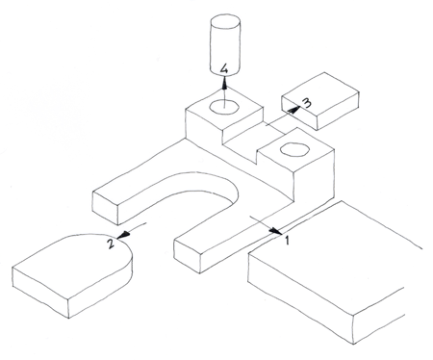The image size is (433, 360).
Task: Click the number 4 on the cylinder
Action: tap(224, 69)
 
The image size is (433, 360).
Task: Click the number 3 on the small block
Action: tap(306, 103)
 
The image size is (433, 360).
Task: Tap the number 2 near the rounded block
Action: tap(111, 244)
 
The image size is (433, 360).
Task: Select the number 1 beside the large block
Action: tap(288, 240)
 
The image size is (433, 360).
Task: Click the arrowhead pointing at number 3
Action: tap(293, 110)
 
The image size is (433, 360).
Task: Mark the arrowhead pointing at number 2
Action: tap(124, 235)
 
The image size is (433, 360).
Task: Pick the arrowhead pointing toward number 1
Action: tap(275, 230)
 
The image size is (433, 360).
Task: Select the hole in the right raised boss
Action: tap(294, 149)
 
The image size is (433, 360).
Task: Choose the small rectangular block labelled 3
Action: tap(319, 101)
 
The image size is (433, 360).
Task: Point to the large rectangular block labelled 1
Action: tap(335, 272)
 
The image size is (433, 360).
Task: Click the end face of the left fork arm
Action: tap(105, 208)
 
